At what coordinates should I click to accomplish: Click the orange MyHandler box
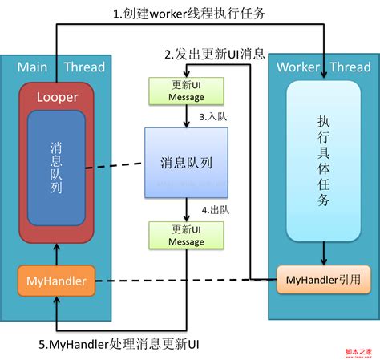click(56, 281)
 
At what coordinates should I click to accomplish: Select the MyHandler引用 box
click(323, 280)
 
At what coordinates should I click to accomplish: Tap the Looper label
click(56, 98)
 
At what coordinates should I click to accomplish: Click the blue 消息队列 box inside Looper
click(56, 168)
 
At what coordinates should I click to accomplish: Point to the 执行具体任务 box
click(323, 160)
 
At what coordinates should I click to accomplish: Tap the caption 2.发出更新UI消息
click(215, 55)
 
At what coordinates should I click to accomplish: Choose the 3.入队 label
click(213, 117)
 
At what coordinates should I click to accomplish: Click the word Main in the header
click(32, 67)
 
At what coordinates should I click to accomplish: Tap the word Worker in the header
click(297, 67)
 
